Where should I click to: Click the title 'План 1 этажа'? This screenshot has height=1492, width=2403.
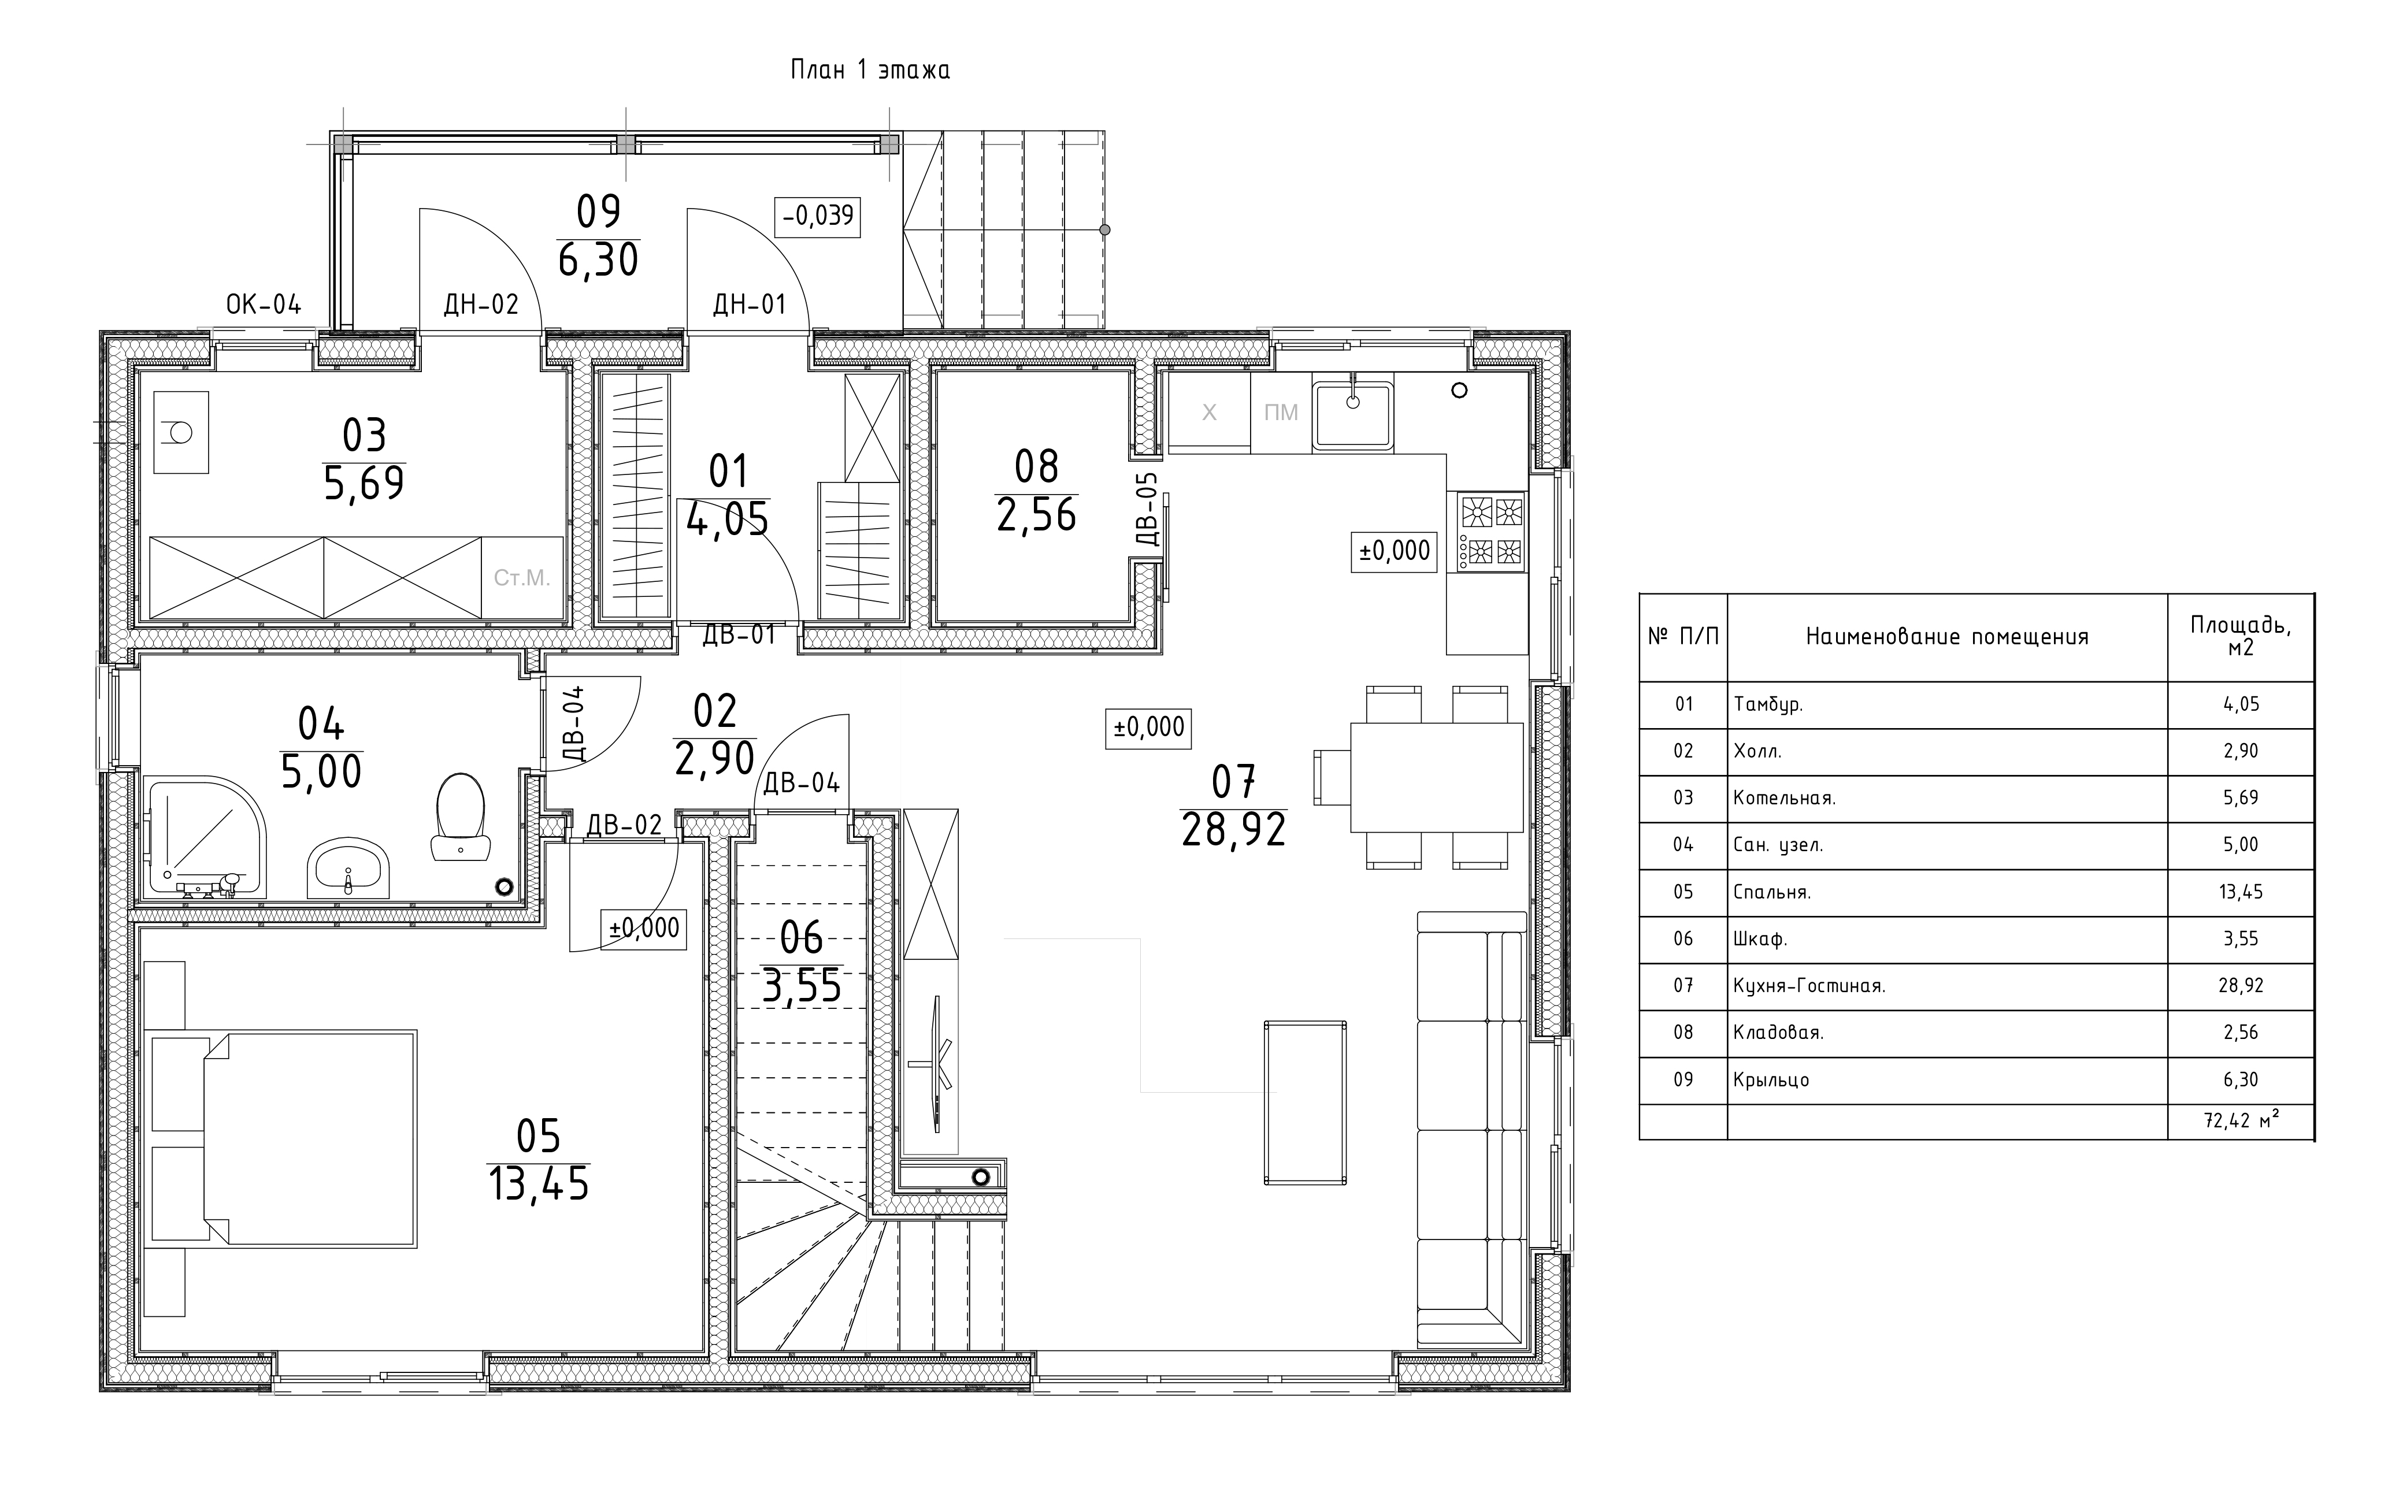[869, 70]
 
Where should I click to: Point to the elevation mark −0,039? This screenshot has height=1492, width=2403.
[818, 215]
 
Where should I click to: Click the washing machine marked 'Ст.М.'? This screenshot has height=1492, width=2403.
[522, 578]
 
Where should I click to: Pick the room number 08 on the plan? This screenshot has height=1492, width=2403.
[1036, 467]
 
